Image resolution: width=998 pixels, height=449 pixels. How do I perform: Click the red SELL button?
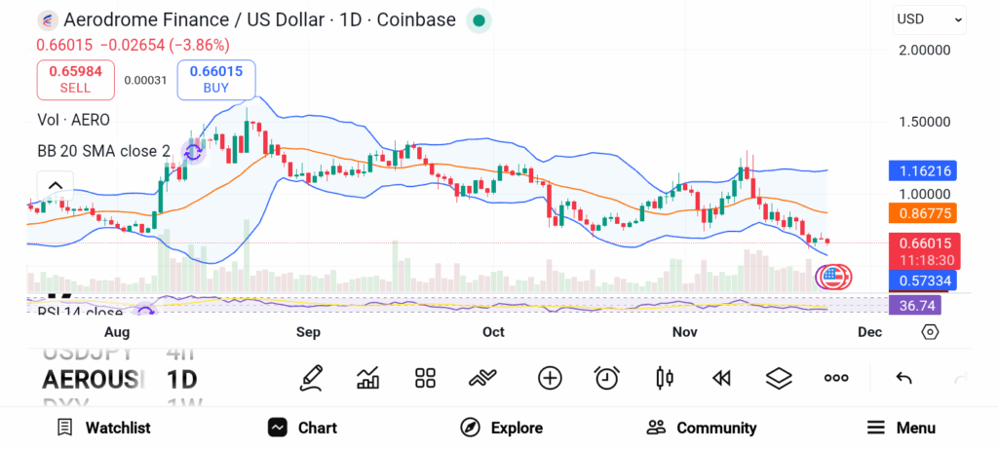coord(75,80)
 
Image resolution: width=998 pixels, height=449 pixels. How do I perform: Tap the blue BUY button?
coord(215,80)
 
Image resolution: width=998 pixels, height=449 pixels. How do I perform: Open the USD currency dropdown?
coord(929,19)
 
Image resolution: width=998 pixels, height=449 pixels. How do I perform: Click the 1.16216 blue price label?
coord(922,170)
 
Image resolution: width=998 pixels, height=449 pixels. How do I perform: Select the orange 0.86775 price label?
coord(922,212)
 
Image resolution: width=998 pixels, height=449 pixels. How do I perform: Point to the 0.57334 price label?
coord(922,281)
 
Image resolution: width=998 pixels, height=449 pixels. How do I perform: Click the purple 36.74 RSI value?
coord(917,305)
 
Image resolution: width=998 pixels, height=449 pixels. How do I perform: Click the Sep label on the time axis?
coord(308,332)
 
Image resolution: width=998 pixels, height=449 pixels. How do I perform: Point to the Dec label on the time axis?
coord(869,332)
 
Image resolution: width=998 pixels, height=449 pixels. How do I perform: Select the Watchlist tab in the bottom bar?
coord(103,428)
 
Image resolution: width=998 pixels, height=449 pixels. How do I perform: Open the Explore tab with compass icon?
coord(501,428)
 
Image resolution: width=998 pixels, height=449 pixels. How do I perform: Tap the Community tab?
coord(702,428)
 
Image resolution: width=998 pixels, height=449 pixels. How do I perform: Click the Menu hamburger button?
coord(901,428)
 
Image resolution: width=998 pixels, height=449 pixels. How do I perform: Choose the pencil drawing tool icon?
coord(311,378)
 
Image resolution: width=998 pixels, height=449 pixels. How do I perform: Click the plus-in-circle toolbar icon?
coord(550,378)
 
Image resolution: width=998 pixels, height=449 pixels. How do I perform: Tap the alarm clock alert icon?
coord(607,378)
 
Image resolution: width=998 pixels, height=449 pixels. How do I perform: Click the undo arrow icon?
coord(903,378)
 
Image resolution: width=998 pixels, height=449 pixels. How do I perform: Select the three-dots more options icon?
coord(836,378)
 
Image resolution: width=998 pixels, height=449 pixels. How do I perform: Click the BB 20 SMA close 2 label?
coord(104,151)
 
